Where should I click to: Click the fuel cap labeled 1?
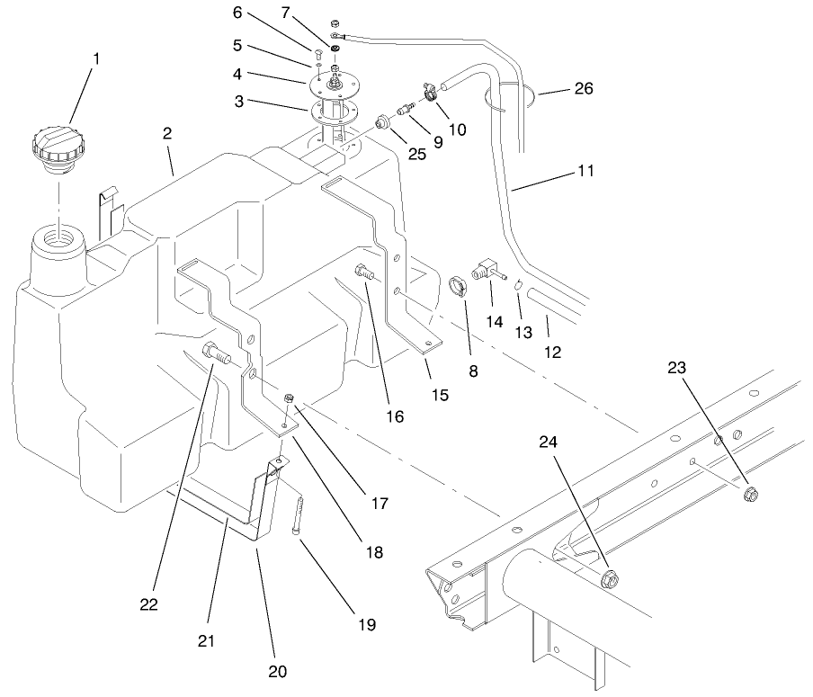click(58, 147)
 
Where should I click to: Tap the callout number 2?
click(168, 133)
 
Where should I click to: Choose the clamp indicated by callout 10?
click(430, 91)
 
